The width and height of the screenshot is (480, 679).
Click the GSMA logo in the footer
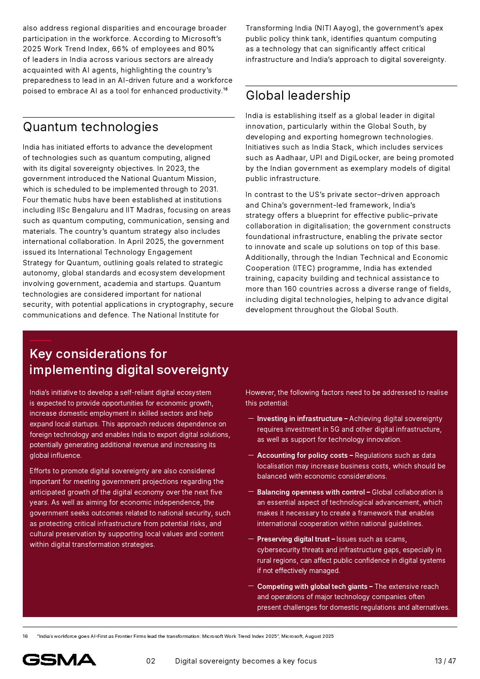pos(59,660)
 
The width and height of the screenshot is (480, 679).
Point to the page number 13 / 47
pos(445,661)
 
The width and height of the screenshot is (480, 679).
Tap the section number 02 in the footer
pos(151,661)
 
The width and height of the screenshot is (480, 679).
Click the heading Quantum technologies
pos(90,127)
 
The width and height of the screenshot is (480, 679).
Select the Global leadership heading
pos(298,95)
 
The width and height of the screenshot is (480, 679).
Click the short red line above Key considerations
pos(40,341)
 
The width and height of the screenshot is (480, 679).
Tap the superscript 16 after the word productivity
pos(225,89)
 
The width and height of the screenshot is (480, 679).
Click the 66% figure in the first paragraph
pos(120,49)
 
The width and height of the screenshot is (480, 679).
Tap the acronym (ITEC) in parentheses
pos(305,268)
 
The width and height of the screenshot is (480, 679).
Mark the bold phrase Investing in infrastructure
pos(300,419)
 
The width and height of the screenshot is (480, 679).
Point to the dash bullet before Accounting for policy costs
pos(251,455)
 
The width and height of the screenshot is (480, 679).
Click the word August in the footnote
pos(314,636)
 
